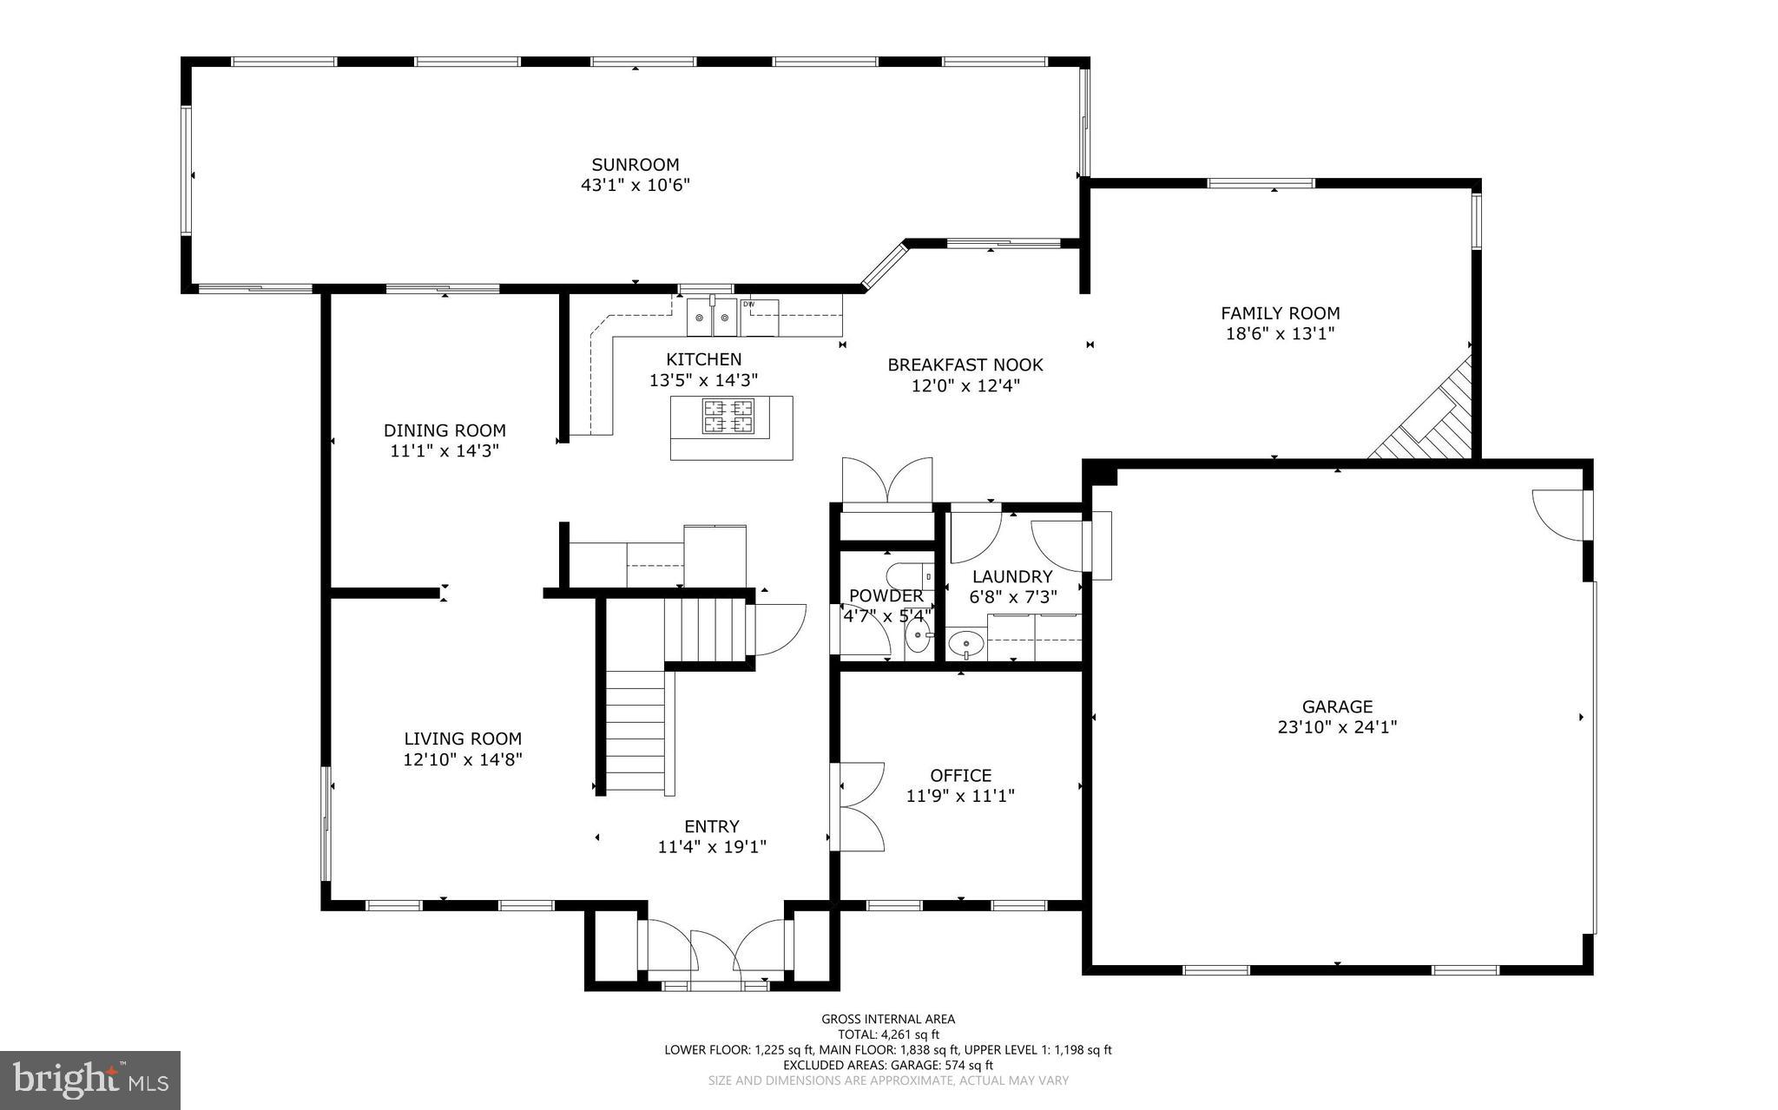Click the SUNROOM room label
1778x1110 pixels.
tap(635, 165)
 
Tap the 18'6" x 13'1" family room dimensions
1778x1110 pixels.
tap(1280, 333)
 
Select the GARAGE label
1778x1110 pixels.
tap(1337, 706)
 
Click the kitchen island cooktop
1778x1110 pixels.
tap(728, 416)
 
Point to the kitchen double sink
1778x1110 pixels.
tap(712, 318)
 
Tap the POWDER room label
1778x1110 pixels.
tap(886, 596)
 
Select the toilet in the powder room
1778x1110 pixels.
tap(907, 576)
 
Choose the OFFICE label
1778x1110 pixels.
tap(960, 775)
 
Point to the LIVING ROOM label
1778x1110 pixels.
tap(463, 739)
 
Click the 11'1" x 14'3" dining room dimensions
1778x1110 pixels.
tap(444, 450)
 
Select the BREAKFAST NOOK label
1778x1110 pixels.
tap(965, 365)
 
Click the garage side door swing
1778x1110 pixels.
tap(1559, 516)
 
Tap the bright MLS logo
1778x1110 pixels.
tap(90, 1080)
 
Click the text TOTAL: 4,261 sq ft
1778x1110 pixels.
tap(888, 1034)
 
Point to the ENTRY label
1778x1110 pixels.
tap(711, 826)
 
